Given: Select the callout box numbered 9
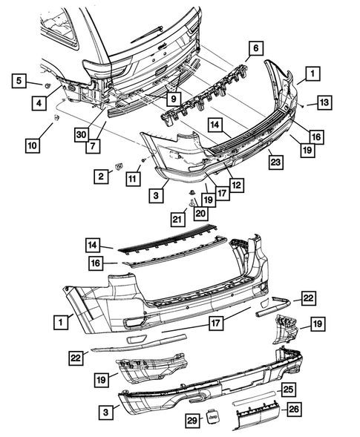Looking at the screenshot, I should pyautogui.click(x=171, y=97).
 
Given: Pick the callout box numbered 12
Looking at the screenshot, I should pyautogui.click(x=237, y=185).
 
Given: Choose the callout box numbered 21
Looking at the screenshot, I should pyautogui.click(x=176, y=218).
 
